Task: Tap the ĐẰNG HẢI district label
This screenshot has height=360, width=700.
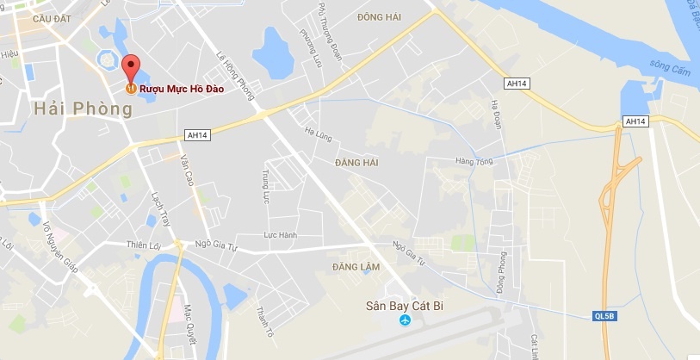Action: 357,162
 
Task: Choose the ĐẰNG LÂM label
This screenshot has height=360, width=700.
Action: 356,268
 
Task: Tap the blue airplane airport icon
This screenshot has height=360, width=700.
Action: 405,321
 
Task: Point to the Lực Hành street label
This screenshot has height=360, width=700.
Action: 280,235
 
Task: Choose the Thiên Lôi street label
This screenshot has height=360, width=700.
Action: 144,245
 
